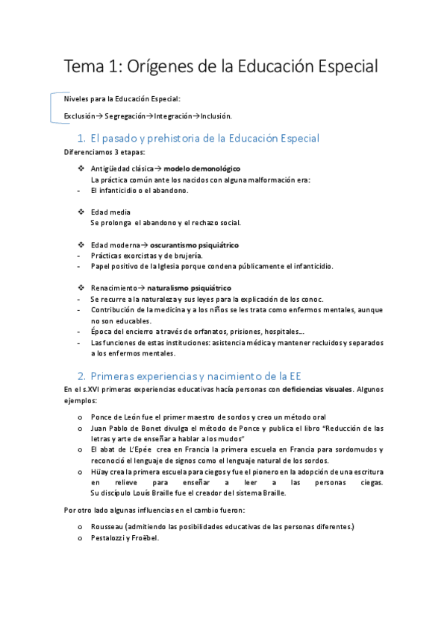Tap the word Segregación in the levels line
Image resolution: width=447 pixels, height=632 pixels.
point(125,116)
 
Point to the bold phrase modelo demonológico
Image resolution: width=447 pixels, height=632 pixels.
point(201,168)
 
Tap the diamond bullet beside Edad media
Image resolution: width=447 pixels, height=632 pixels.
point(81,212)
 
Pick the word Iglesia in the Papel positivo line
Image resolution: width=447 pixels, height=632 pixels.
point(171,266)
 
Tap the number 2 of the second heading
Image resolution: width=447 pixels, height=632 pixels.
point(81,375)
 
